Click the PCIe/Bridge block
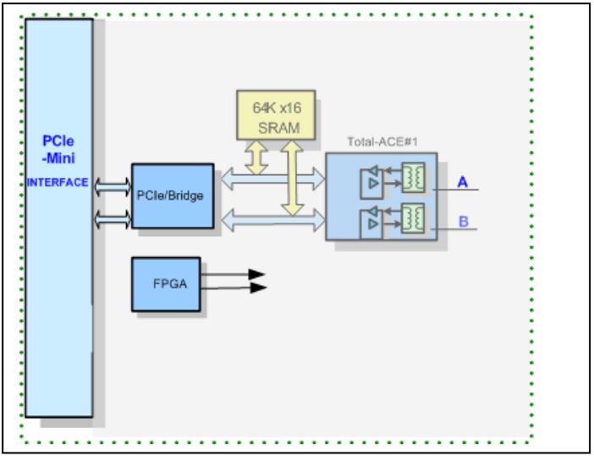pos(172,195)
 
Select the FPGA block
pos(166,284)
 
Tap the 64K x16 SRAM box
pos(275,115)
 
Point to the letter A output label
pos(462,181)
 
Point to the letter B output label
pos(463,222)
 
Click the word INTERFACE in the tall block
pos(58,182)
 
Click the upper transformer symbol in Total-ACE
pos(413,177)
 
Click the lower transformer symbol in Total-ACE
pos(413,217)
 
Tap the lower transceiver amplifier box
pos(372,222)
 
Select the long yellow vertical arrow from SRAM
pos(291,178)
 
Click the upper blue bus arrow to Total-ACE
pos(271,178)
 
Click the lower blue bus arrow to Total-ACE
pos(271,220)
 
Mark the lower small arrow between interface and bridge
pos(112,218)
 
